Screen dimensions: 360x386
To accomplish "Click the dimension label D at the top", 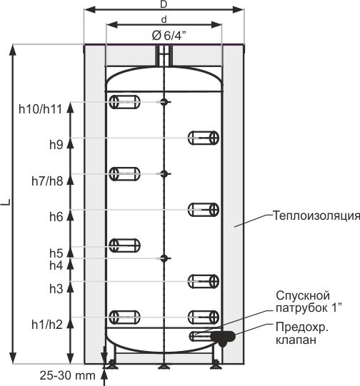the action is tap(164, 4).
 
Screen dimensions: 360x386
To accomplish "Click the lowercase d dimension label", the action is tap(164, 19).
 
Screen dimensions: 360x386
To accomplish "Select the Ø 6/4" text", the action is tap(169, 36).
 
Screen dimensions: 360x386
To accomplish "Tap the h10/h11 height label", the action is tap(40, 109).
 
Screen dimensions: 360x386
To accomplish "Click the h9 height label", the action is tap(56, 145).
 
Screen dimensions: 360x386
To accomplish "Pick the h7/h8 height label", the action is tap(47, 181).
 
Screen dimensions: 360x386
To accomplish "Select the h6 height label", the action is tap(56, 217).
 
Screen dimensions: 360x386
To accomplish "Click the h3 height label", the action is tap(56, 288).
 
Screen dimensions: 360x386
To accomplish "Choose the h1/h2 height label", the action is tap(47, 325).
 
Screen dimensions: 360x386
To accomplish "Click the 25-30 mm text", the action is tap(68, 375).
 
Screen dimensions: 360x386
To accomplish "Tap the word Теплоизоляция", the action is tap(316, 215).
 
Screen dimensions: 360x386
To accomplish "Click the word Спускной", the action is tap(303, 295).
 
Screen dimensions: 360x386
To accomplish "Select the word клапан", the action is tap(296, 340).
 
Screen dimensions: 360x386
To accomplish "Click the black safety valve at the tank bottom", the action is tap(223, 337).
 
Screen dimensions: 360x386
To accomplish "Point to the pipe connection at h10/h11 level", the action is tap(124, 102).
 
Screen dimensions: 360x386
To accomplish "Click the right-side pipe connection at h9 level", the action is tap(204, 138).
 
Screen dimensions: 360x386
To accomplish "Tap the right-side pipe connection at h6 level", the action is tap(204, 210).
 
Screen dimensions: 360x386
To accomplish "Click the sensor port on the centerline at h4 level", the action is tap(164, 258).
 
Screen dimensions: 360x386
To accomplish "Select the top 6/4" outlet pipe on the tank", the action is tap(164, 56).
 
